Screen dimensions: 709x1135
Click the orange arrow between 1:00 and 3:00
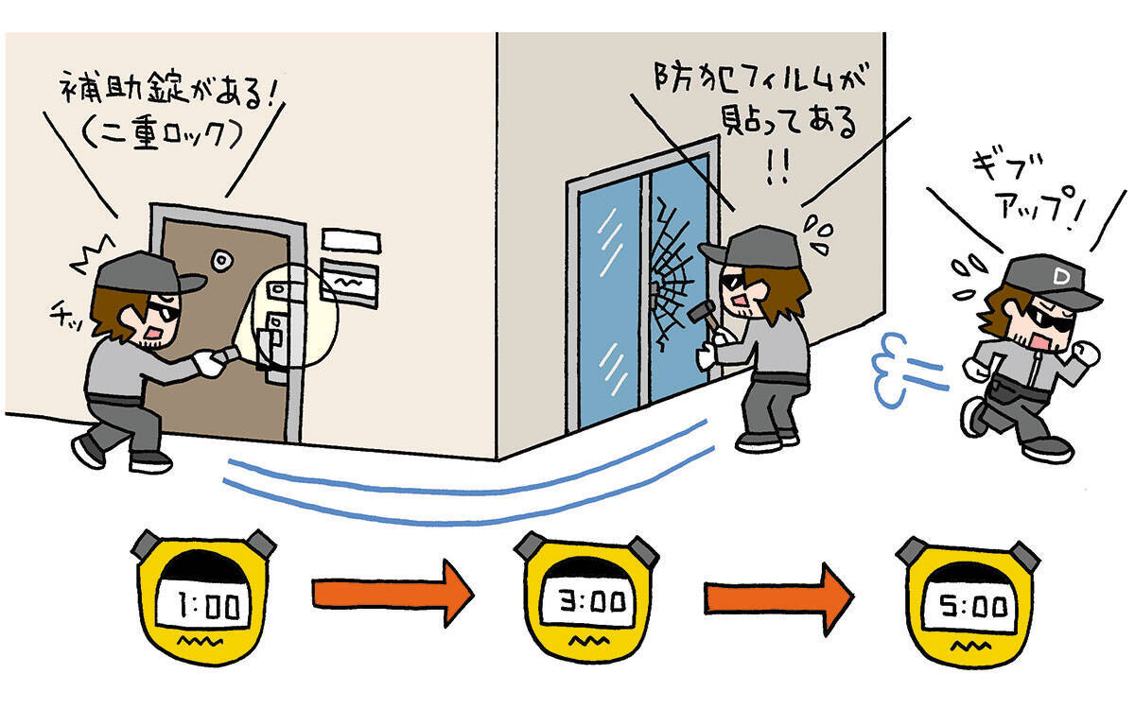coord(391,593)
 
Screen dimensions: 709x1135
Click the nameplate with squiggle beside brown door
coord(350,282)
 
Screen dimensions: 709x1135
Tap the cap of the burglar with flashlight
coord(143,273)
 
